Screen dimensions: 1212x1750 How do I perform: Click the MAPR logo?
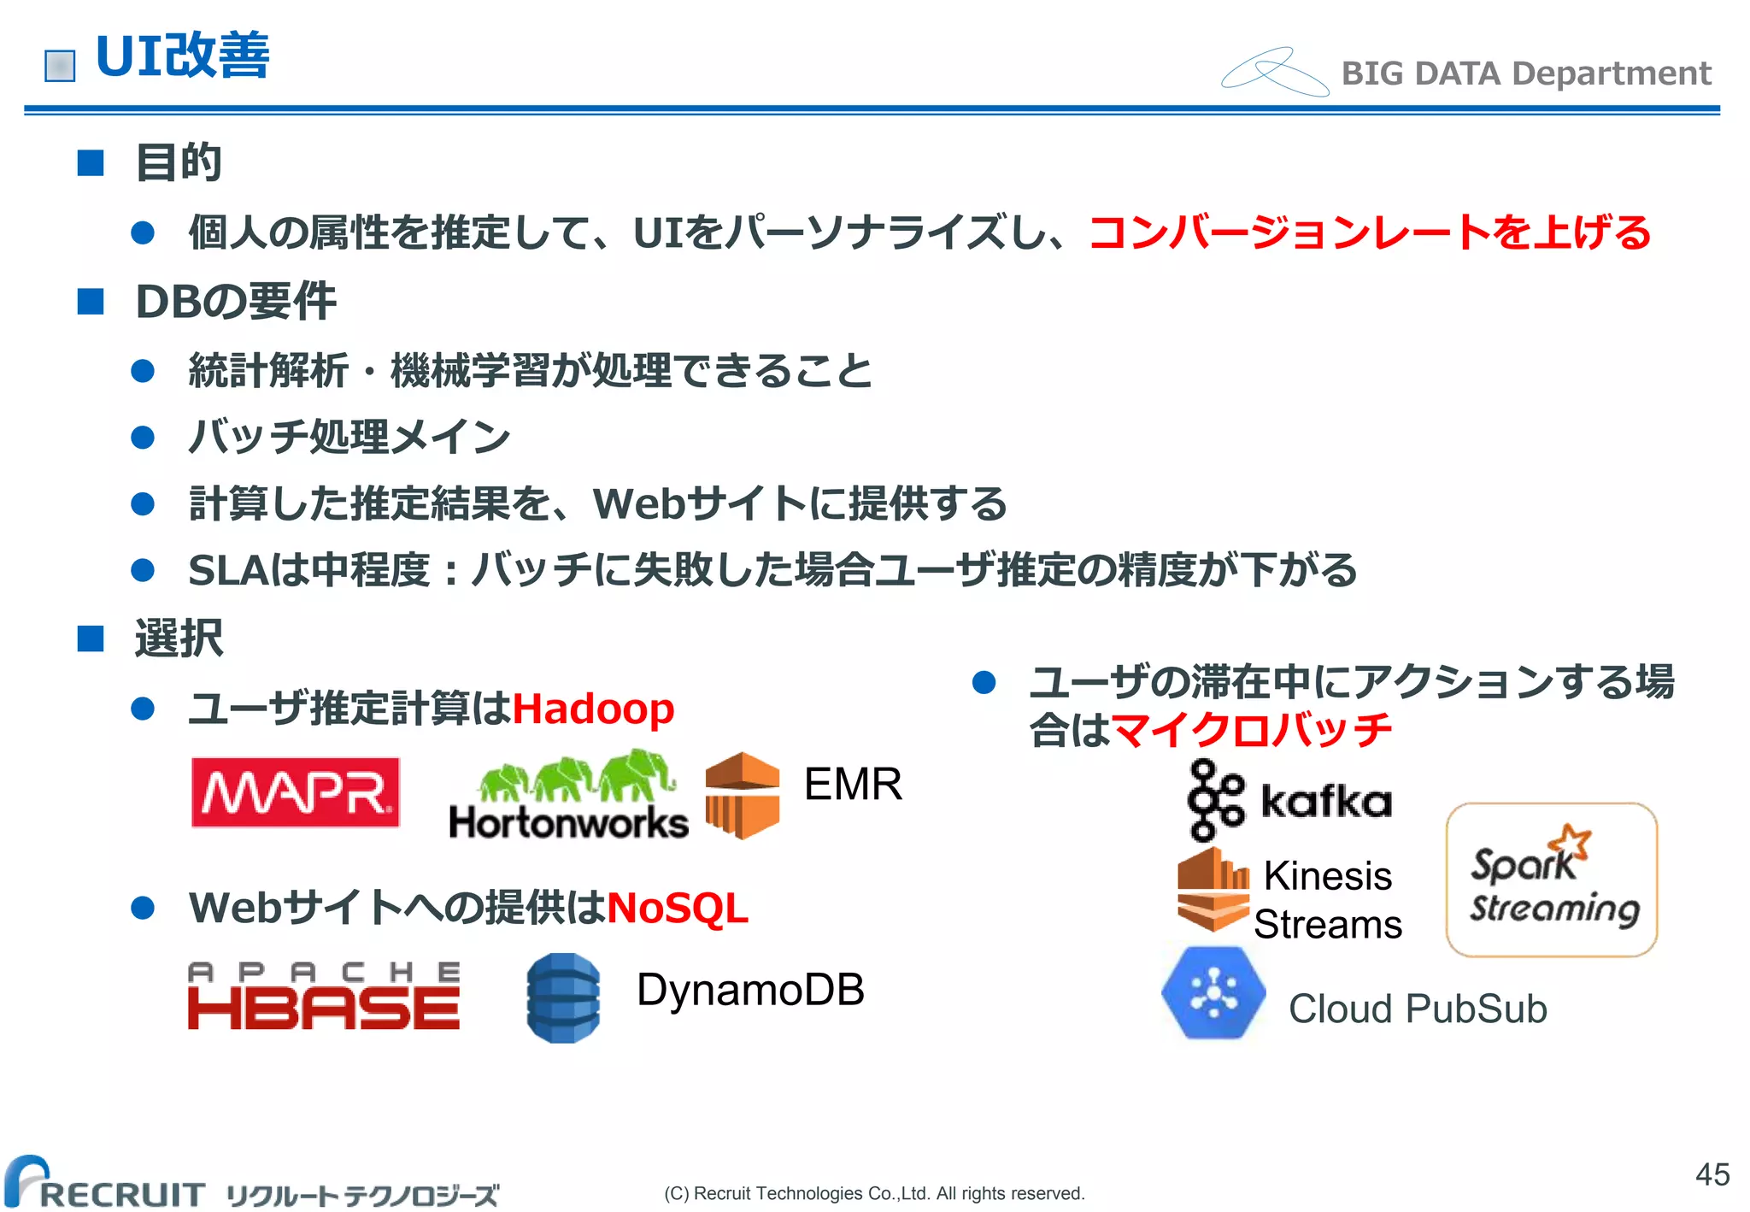(296, 792)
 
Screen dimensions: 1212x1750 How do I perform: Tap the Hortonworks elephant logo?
(568, 795)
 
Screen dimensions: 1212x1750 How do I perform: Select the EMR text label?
(853, 784)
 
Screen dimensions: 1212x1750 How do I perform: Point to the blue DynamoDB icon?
(563, 997)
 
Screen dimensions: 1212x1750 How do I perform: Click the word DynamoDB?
(750, 990)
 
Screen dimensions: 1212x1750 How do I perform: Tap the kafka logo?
(1289, 800)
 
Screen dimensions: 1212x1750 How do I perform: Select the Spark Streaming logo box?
(1552, 880)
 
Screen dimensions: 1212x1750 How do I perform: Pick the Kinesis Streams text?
(1328, 900)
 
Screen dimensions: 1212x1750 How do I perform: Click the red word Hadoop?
(593, 709)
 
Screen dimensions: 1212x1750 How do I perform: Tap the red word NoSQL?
(678, 908)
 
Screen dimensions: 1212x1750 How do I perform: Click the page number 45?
(1712, 1174)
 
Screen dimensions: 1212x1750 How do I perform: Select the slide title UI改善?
(183, 56)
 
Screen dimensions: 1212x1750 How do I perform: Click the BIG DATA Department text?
(1526, 74)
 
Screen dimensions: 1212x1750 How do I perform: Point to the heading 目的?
(179, 162)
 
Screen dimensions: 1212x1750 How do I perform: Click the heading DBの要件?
(236, 301)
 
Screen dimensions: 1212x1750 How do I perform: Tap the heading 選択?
(179, 638)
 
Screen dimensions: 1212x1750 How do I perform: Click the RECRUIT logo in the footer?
(107, 1184)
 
